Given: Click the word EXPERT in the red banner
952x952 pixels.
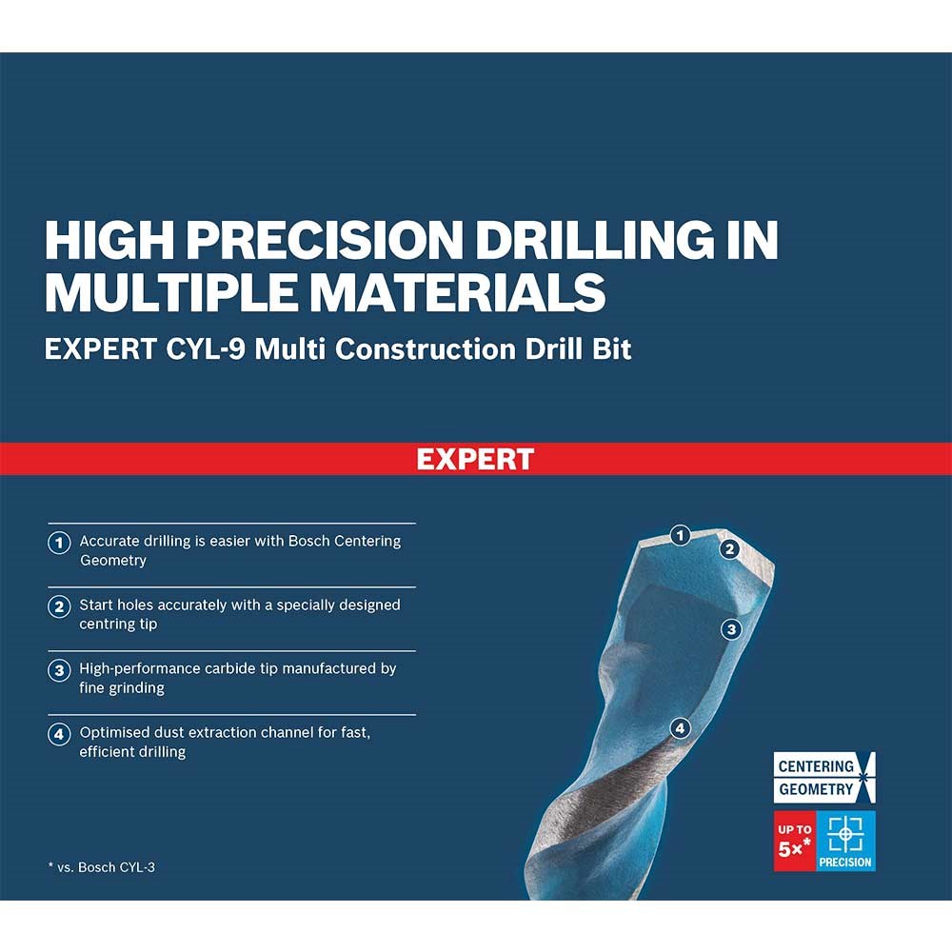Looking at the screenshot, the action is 475,459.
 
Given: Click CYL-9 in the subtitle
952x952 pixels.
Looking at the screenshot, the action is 206,349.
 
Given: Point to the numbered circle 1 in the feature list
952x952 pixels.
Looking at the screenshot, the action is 59,543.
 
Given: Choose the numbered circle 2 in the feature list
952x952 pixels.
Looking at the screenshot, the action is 59,605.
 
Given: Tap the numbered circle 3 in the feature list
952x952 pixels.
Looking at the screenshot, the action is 59,670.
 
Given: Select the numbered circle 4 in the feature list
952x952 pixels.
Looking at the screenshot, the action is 59,734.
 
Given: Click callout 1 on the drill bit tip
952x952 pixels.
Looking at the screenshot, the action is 680,535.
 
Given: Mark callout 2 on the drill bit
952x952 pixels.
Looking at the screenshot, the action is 730,549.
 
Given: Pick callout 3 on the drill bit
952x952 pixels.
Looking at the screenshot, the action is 731,629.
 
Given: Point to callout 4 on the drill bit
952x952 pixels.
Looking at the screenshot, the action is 680,728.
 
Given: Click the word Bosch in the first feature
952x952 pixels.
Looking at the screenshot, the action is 308,541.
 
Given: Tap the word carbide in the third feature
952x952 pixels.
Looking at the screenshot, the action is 228,668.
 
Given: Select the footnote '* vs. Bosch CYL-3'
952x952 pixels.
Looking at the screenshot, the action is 102,867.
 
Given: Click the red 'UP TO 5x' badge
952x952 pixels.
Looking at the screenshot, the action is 795,841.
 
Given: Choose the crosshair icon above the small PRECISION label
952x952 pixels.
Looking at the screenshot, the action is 845,833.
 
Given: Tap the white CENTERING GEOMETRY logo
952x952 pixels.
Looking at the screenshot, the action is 823,777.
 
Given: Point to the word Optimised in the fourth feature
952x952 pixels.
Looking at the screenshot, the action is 110,733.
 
